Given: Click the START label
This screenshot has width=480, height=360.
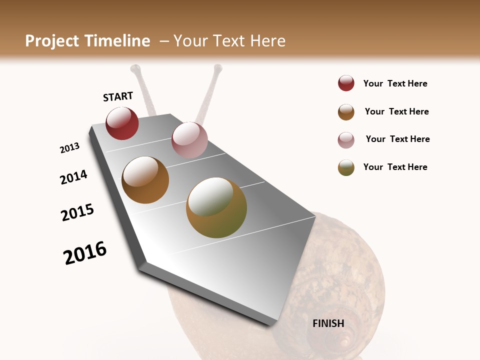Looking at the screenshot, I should pos(118,96).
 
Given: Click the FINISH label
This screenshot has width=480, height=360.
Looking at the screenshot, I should pos(328,323).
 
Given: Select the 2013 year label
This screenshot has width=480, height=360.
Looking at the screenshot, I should pos(70,148).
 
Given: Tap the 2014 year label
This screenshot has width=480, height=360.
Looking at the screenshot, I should pos(73,177).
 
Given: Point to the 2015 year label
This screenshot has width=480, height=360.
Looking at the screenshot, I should pos(77,212).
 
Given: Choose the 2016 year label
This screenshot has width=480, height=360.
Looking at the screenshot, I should pos(85,253).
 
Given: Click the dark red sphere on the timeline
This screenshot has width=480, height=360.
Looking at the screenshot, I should pos(122,123).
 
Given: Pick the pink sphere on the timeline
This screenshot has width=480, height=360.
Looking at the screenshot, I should pos(189,139).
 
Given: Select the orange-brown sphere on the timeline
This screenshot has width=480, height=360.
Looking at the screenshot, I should pos(145,180).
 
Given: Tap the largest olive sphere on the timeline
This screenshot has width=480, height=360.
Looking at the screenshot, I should pos(216,207).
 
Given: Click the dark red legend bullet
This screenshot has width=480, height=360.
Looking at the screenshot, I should pos(346,83).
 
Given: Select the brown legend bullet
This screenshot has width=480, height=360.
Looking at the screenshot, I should pos(346,112).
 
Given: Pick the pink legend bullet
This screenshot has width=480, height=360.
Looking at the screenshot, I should pos(346,140).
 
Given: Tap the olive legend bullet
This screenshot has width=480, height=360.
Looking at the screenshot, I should pos(346,167).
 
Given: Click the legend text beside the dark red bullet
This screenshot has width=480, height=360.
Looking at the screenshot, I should pos(395,83).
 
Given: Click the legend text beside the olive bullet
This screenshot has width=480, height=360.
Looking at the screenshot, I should pos(395,167).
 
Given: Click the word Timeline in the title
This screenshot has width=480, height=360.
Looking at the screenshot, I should pos(117,41).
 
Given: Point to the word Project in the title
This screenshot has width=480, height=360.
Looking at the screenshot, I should pos(51,41).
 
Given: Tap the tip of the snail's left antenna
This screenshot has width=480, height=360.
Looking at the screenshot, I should pos(135,68).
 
